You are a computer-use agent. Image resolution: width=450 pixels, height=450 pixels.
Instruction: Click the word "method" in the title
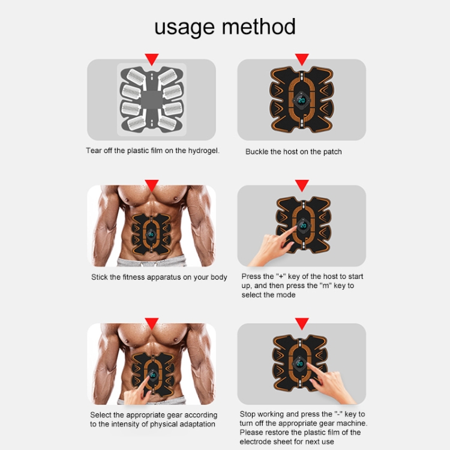pos(259,26)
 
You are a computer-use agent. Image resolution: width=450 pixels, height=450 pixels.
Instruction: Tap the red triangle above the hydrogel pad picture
pos(152,59)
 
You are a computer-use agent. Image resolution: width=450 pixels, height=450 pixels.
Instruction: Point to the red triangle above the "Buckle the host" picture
pos(302,59)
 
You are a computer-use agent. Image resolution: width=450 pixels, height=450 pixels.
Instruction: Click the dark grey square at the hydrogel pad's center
pos(151,100)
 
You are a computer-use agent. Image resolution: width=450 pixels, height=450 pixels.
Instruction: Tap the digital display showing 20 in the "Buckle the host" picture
pos(302,100)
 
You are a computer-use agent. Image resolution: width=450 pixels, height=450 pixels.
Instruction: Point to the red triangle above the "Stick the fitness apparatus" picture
pos(152,185)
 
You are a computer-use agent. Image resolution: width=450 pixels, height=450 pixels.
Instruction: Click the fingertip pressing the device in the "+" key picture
pos(295,228)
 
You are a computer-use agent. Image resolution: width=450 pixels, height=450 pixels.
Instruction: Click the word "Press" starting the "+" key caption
pos(251,277)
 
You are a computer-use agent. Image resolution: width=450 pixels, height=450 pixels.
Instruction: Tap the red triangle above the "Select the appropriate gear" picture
pos(152,323)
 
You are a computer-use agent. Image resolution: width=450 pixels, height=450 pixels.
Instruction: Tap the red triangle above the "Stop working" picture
pos(302,323)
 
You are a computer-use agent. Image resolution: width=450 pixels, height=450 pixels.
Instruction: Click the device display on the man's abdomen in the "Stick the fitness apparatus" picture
pos(151,235)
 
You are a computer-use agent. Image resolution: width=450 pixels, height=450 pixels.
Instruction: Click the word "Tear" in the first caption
pos(94,151)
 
